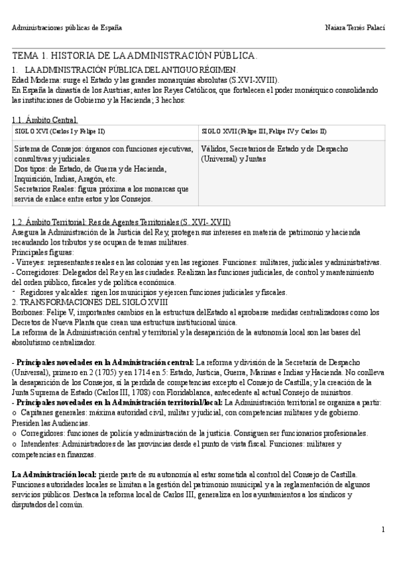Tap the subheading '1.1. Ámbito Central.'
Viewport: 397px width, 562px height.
(x=45, y=120)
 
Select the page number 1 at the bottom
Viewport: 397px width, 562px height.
(x=384, y=530)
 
